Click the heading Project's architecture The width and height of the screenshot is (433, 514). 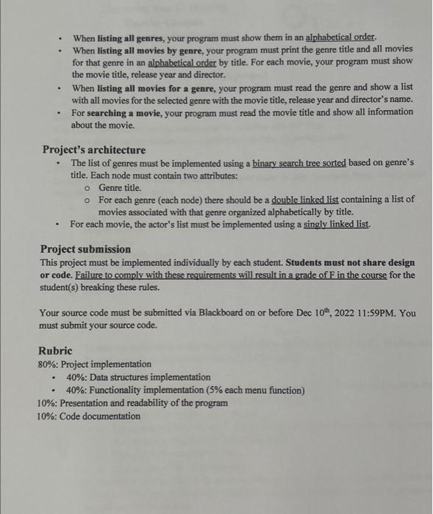pyautogui.click(x=94, y=150)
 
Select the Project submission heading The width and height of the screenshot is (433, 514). pyautogui.click(x=85, y=250)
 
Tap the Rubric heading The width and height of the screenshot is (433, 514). pyautogui.click(x=55, y=351)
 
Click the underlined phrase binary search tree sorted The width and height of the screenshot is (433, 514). pyautogui.click(x=288, y=163)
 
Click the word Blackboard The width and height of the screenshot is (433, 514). pyautogui.click(x=222, y=312)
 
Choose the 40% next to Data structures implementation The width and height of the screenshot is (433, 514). pyautogui.click(x=76, y=377)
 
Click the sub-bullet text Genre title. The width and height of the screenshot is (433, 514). pyautogui.click(x=119, y=188)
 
